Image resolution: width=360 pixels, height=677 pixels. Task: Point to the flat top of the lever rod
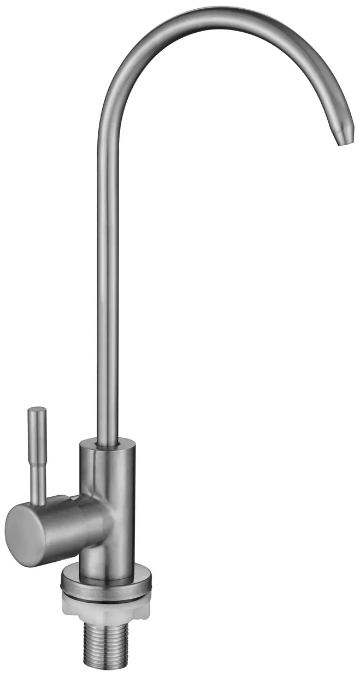[x=37, y=408]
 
